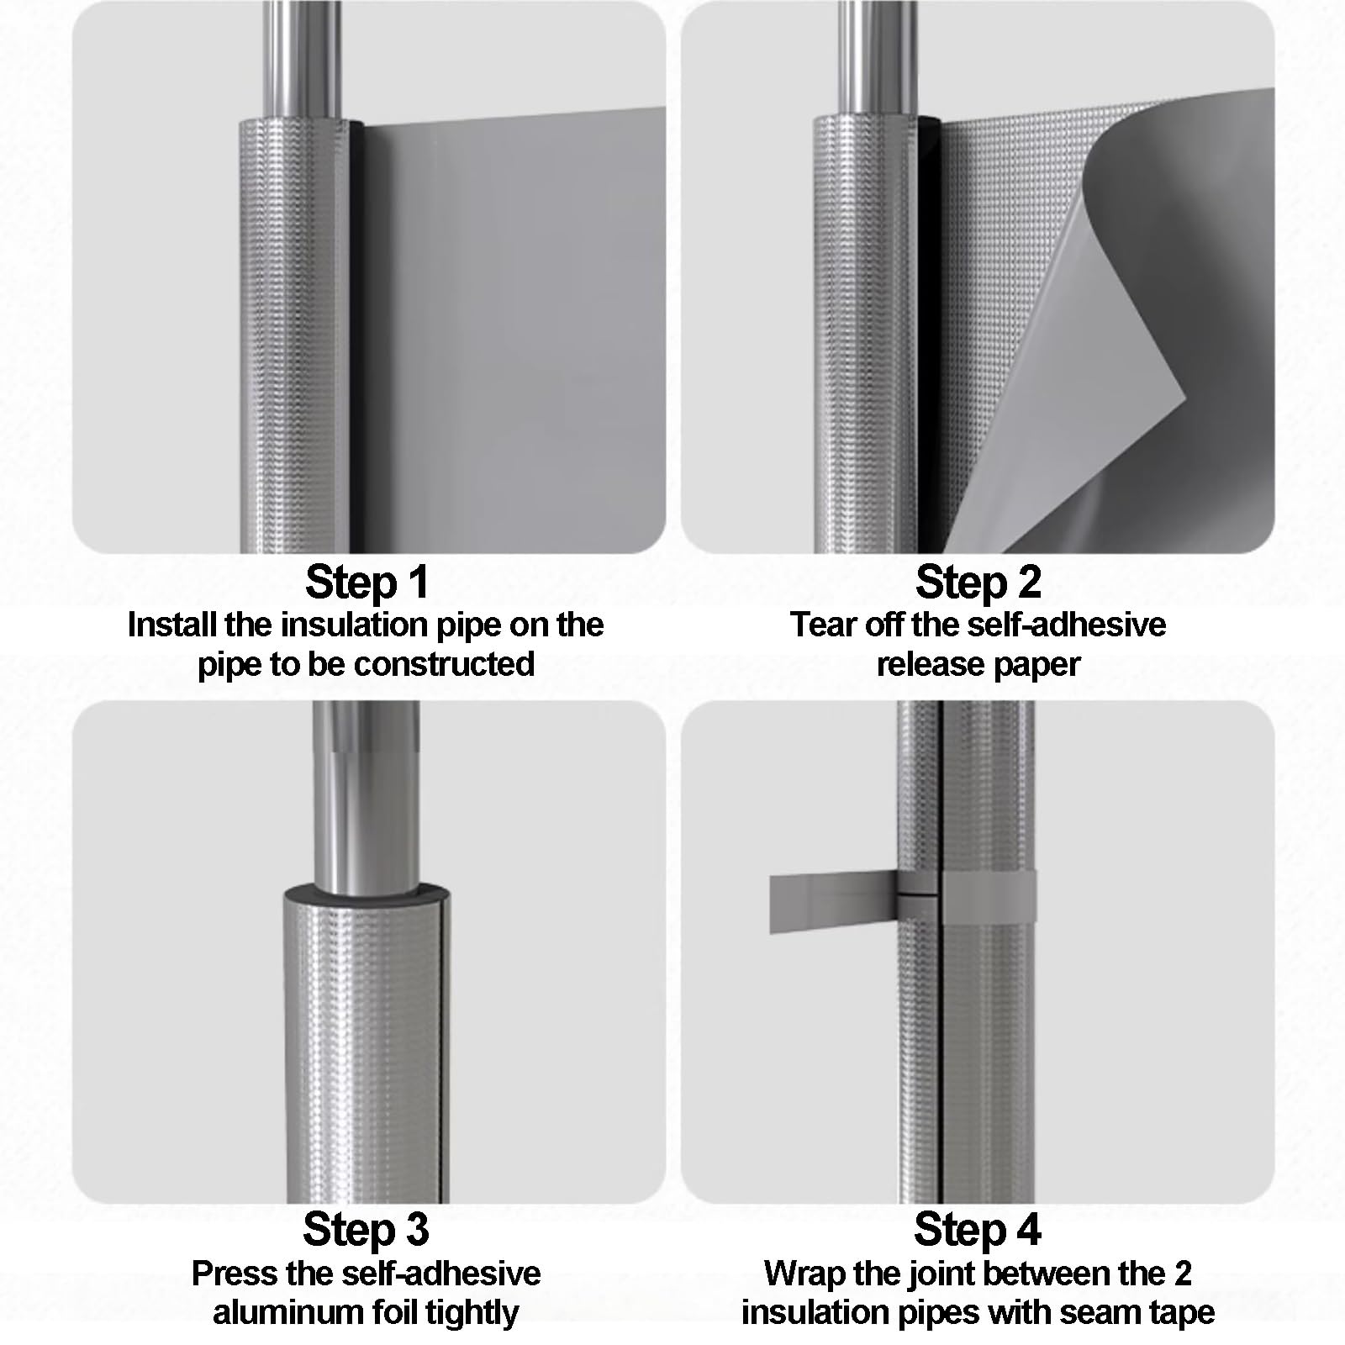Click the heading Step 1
367,582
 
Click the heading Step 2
978,582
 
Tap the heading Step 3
366,1229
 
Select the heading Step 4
977,1229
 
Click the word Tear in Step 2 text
823,625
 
